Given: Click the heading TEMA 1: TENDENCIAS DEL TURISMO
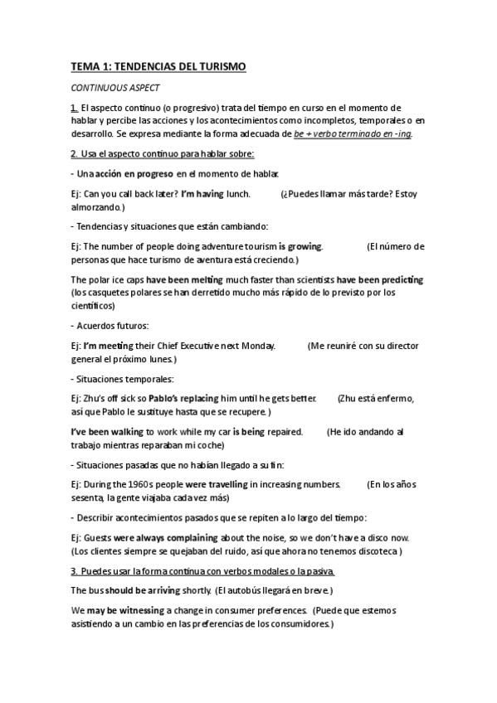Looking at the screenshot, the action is click(158, 66).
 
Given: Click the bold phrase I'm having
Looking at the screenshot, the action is click(202, 194).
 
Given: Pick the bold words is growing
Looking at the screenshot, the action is click(300, 246).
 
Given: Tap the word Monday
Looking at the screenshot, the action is click(255, 346).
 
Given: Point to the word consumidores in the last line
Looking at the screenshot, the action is click(295, 624).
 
